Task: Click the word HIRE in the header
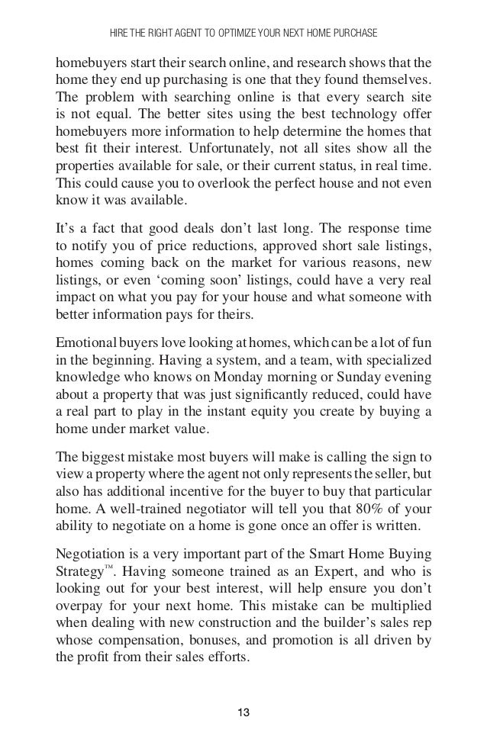(121, 33)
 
